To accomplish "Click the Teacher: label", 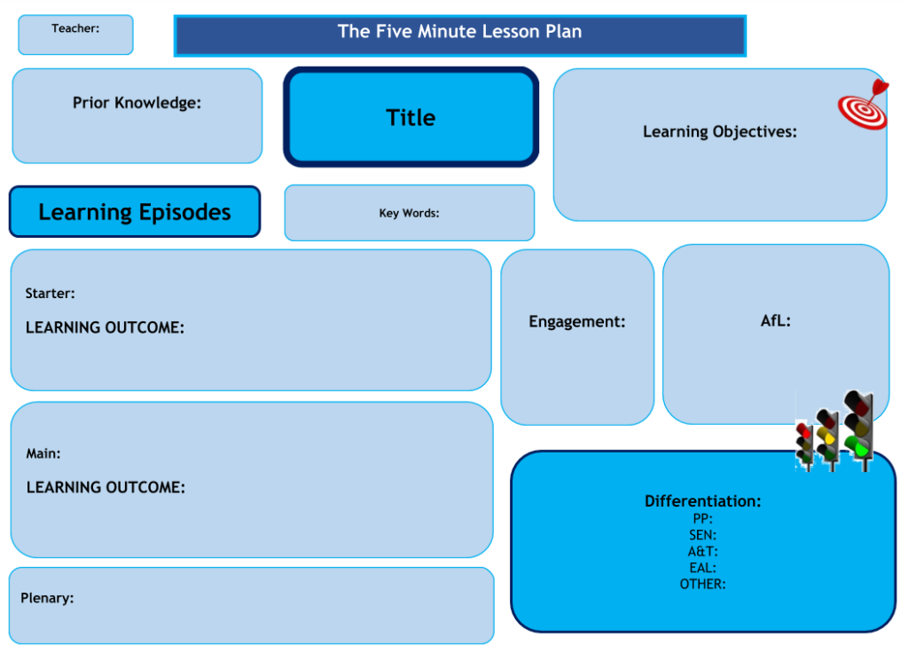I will click(75, 28).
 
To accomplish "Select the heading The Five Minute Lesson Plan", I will click(459, 32).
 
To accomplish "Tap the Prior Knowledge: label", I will click(137, 103).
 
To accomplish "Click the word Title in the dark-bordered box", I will click(411, 118).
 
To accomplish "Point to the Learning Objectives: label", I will click(719, 132).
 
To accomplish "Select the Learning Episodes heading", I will click(135, 213).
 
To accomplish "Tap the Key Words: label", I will click(409, 213).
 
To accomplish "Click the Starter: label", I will click(50, 294).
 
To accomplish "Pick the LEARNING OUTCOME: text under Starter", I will click(105, 328).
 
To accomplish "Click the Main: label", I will click(43, 454).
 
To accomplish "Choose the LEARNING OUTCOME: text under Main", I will click(106, 488).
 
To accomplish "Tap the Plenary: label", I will click(47, 598).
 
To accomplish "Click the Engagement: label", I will click(577, 322).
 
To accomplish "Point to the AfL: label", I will click(775, 321).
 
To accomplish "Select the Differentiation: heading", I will click(702, 501).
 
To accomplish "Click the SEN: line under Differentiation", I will click(702, 535).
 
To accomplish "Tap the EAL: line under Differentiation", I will click(702, 568).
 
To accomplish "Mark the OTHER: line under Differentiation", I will click(702, 584).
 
